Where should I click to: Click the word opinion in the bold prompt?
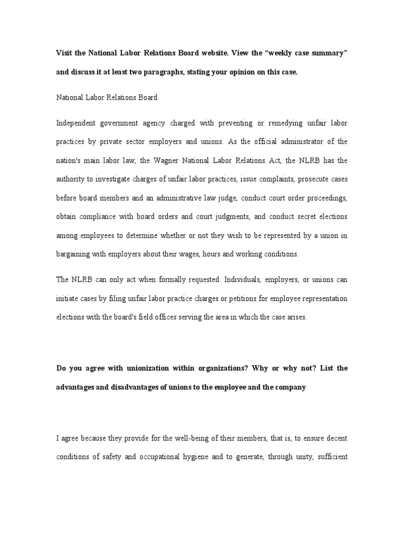(243, 73)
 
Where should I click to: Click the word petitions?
(234, 298)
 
